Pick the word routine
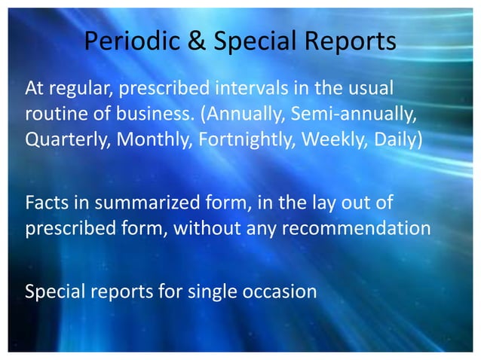tap(56, 117)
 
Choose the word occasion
tap(283, 290)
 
